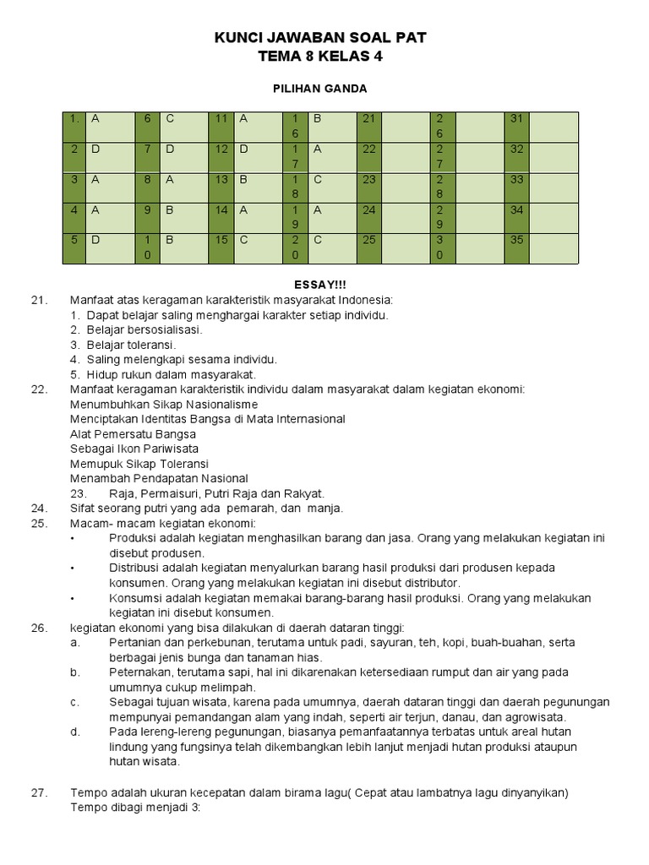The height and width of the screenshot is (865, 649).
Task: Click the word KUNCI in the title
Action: (241, 37)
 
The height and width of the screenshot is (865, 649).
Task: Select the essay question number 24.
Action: (38, 509)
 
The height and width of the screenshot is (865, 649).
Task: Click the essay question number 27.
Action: (38, 792)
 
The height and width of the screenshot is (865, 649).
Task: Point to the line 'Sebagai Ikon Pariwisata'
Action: (128, 449)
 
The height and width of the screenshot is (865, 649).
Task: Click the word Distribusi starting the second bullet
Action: (137, 568)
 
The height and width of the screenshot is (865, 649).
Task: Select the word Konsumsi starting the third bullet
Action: (135, 598)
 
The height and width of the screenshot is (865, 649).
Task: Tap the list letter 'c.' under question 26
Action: (75, 702)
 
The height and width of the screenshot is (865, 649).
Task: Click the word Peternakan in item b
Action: (141, 672)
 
